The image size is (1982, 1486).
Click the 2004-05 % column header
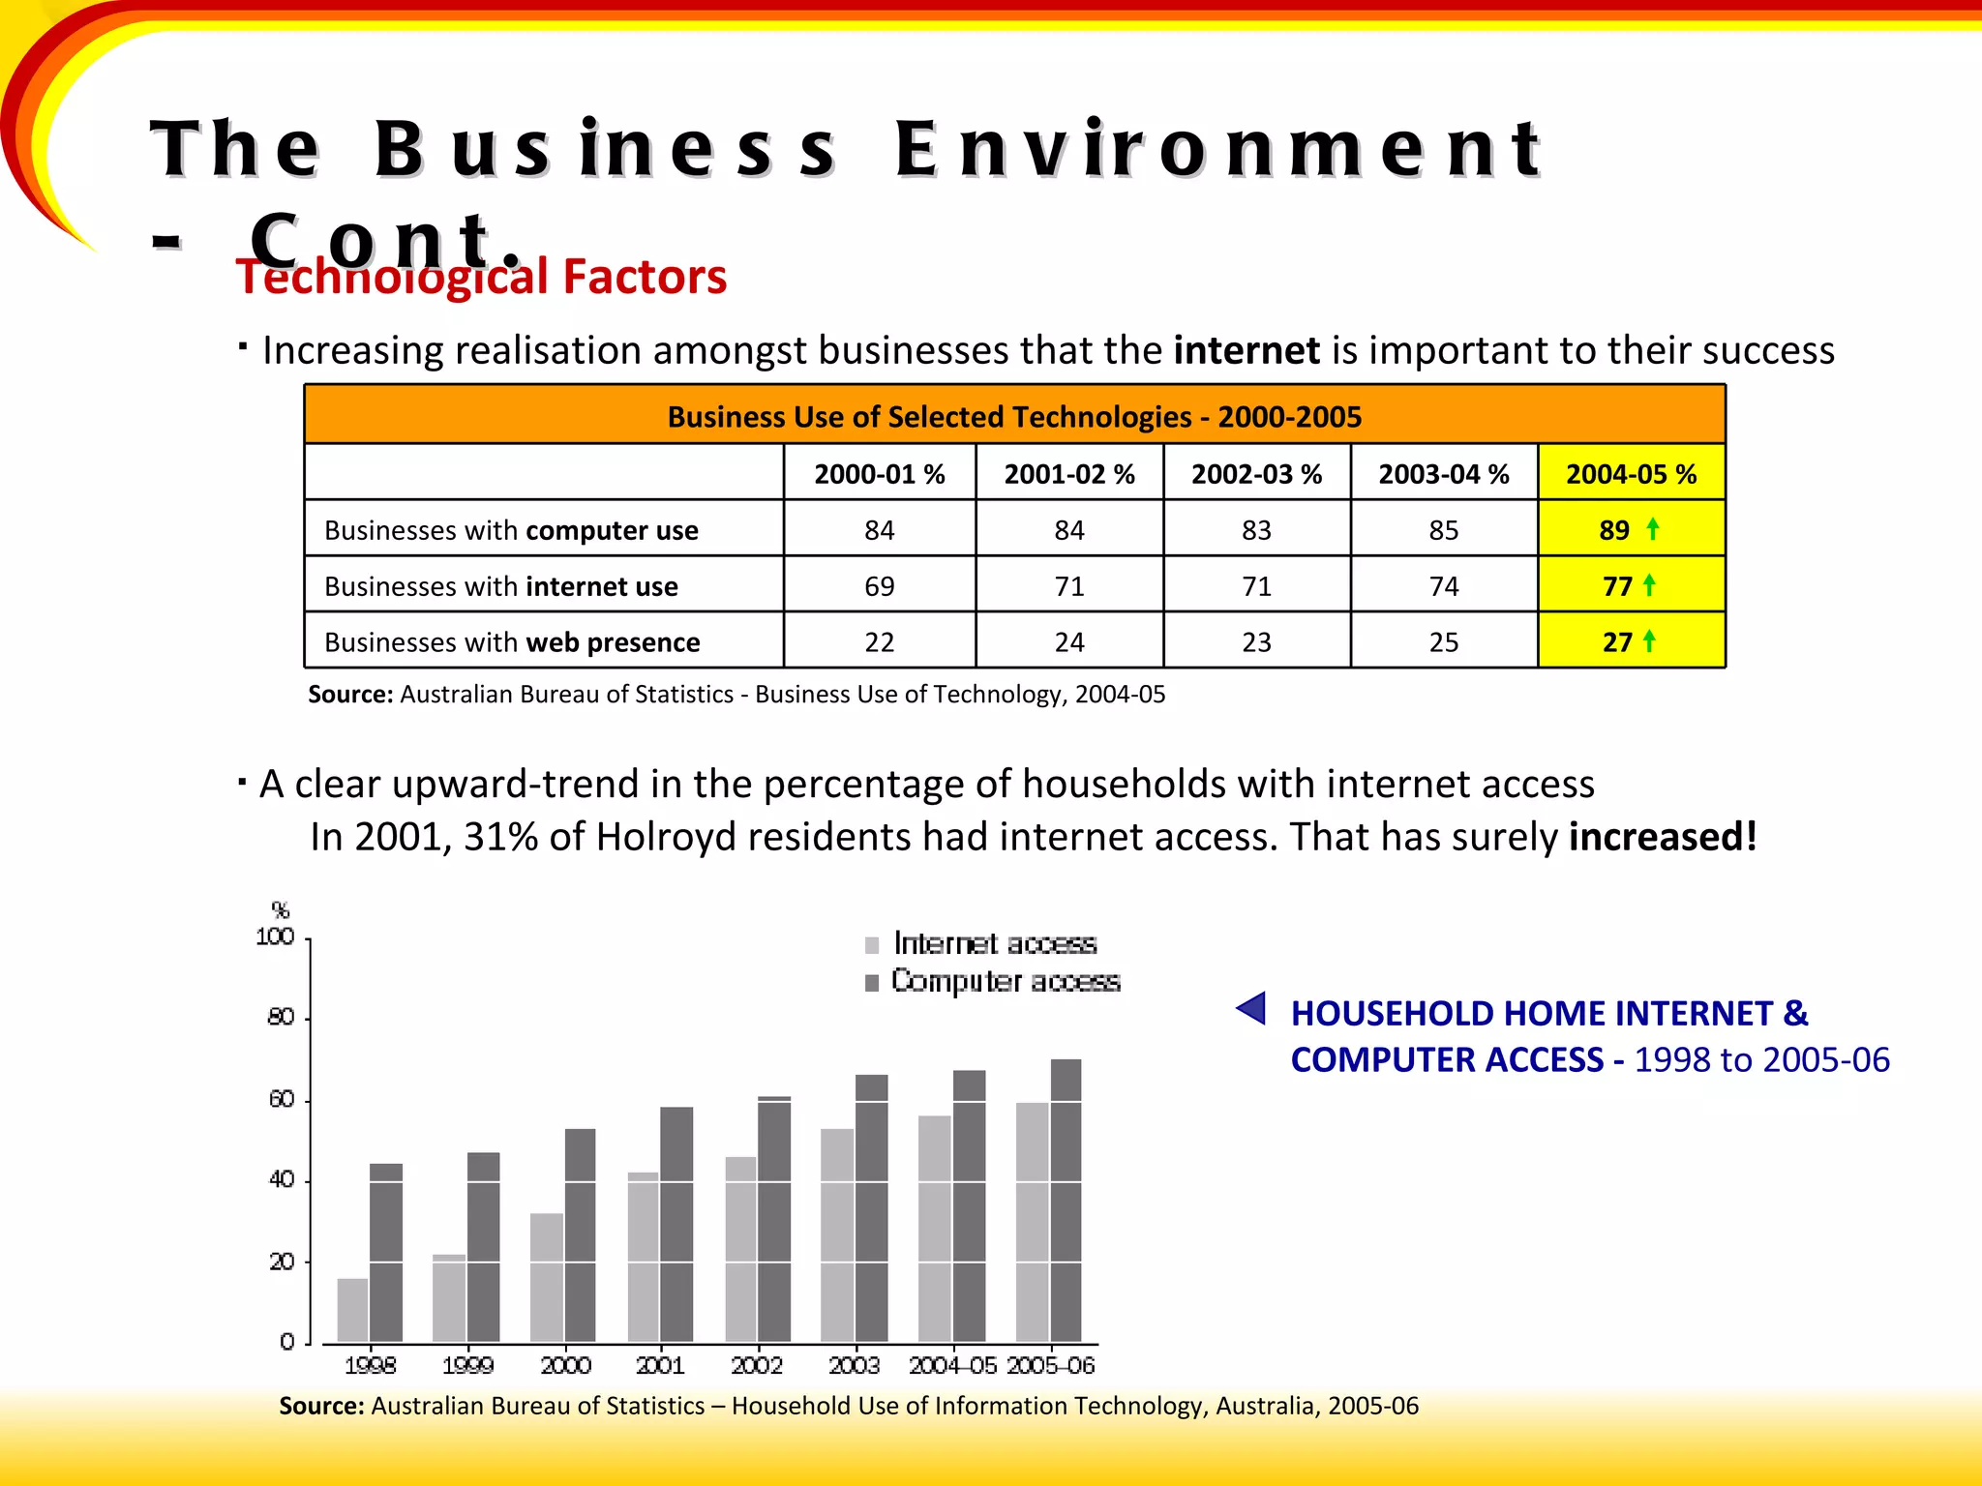tap(1631, 474)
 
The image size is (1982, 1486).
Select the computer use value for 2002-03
tap(1256, 530)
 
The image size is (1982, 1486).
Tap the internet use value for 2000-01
tap(879, 586)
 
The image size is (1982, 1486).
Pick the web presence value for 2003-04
tap(1443, 642)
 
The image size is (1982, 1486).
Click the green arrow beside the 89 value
tap(1653, 528)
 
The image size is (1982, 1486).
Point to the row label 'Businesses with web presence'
tap(512, 642)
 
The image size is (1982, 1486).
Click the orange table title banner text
tap(1014, 417)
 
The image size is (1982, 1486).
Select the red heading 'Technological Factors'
tap(481, 278)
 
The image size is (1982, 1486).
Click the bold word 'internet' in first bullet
tap(1246, 350)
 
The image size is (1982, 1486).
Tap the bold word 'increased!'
tap(1662, 837)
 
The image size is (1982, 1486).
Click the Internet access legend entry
tap(994, 943)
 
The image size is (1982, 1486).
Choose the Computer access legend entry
tap(1005, 981)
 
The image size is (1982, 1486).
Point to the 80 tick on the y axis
tap(282, 1018)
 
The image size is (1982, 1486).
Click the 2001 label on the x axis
tap(660, 1365)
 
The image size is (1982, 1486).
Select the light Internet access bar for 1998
tap(352, 1310)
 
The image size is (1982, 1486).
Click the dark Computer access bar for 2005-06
tap(1066, 1200)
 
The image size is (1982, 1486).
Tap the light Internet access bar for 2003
tap(837, 1234)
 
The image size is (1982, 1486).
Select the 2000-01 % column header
tap(879, 474)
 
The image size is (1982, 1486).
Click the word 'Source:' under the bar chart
tap(321, 1406)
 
